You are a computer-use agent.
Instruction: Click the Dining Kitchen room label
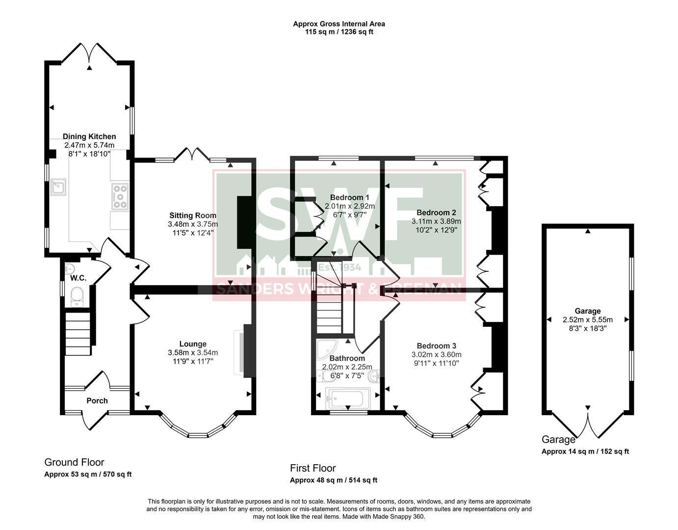pos(89,136)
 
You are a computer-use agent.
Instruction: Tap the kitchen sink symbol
pos(58,187)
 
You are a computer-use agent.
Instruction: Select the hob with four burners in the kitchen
pos(120,196)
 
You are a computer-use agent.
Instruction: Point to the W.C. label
pos(78,278)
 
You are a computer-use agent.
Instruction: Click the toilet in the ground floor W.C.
pos(77,297)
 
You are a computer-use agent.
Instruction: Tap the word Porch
pos(97,400)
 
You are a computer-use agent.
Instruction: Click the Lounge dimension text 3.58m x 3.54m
pos(193,352)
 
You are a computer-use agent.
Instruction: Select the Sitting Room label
pos(193,215)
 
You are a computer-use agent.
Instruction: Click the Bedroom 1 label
pos(349,197)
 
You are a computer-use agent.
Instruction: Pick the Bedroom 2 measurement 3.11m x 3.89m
pos(436,221)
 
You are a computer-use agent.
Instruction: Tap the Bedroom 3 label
pos(437,345)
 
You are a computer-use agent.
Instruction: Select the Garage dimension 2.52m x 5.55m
pos(588,319)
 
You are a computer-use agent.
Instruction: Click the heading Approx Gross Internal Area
pos(339,24)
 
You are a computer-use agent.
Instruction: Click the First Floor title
pos(313,468)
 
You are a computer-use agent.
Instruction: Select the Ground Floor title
pos(74,462)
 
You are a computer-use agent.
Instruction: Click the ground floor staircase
pos(78,334)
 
